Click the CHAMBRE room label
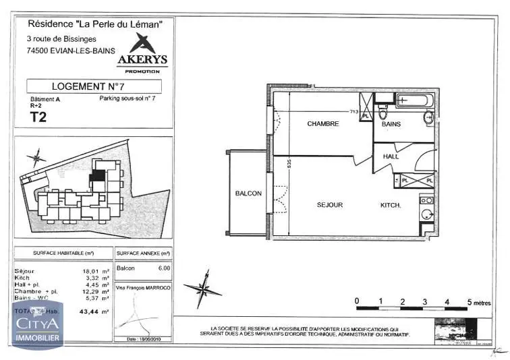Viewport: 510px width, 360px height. click(x=322, y=124)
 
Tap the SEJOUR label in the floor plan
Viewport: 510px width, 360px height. click(x=331, y=205)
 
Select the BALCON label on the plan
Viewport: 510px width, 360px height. click(x=248, y=193)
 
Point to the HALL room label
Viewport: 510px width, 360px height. click(x=392, y=156)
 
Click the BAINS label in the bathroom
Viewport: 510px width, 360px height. click(x=391, y=124)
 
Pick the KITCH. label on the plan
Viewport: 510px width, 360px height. click(x=391, y=205)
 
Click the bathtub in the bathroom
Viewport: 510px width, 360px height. click(x=415, y=102)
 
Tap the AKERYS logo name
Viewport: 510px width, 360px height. click(x=142, y=60)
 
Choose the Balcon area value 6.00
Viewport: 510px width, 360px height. click(x=163, y=268)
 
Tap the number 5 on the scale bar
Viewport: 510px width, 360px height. click(x=469, y=301)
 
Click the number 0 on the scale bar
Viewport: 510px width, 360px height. click(x=357, y=301)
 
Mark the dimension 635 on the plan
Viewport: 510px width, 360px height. click(x=288, y=164)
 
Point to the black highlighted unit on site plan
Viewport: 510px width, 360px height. click(x=98, y=175)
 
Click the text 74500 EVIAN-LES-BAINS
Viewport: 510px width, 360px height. click(x=70, y=49)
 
